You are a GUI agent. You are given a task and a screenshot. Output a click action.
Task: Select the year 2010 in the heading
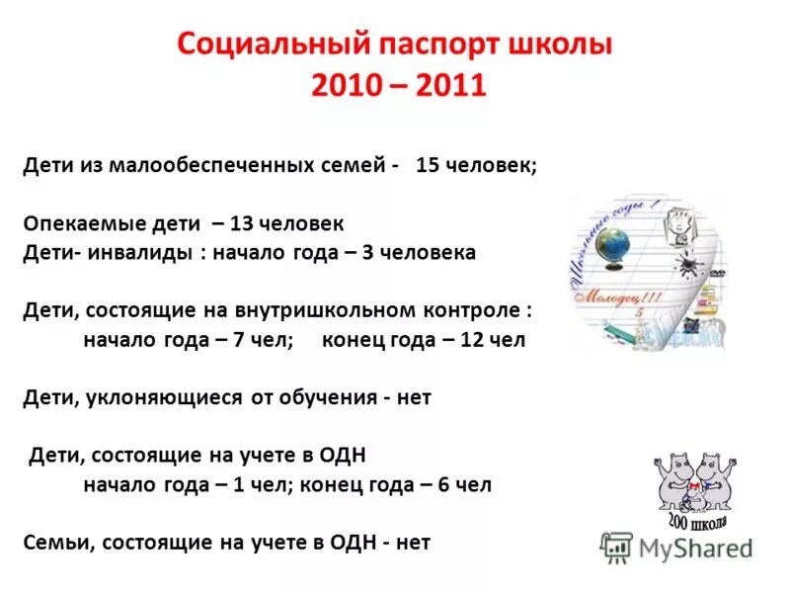(349, 85)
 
